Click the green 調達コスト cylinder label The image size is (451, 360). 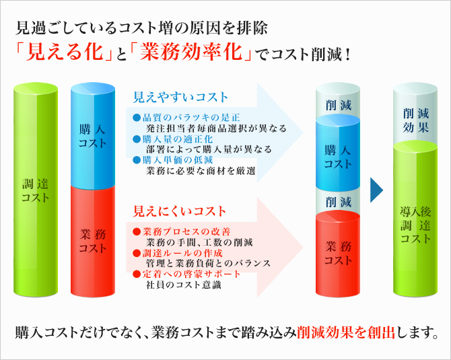[36, 190]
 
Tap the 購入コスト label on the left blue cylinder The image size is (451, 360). [93, 137]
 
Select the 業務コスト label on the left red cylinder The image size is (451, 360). [93, 242]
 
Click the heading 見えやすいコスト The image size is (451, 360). [180, 97]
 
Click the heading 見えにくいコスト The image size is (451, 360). [180, 211]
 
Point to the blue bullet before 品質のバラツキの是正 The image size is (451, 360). [137, 117]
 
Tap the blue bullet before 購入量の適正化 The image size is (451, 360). [137, 139]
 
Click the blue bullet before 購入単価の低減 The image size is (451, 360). [137, 160]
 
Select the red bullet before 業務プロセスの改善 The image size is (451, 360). [137, 231]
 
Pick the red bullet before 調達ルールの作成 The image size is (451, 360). [137, 253]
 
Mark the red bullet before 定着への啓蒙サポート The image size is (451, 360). [137, 274]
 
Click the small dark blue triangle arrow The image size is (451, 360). [376, 190]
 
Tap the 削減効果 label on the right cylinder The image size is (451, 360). [415, 120]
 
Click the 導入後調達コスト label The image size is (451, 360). [415, 225]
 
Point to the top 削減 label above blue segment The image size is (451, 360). [339, 105]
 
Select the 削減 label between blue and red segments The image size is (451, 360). [339, 202]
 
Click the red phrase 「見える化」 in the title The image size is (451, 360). [64, 52]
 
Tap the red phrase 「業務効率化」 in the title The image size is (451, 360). [190, 52]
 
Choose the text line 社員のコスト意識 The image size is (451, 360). [184, 285]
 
